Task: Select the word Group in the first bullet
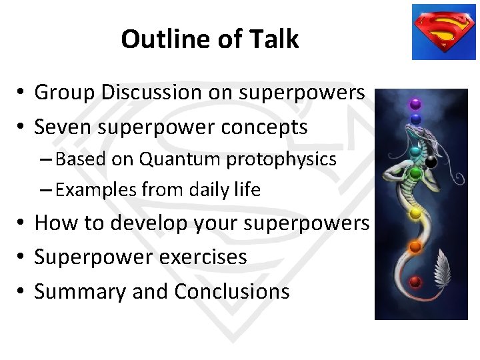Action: point(63,93)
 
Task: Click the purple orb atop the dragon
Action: point(415,104)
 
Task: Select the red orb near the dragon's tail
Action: point(415,281)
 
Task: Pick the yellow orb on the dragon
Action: point(415,213)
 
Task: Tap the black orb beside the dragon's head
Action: point(431,161)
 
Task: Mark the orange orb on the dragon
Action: point(415,247)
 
